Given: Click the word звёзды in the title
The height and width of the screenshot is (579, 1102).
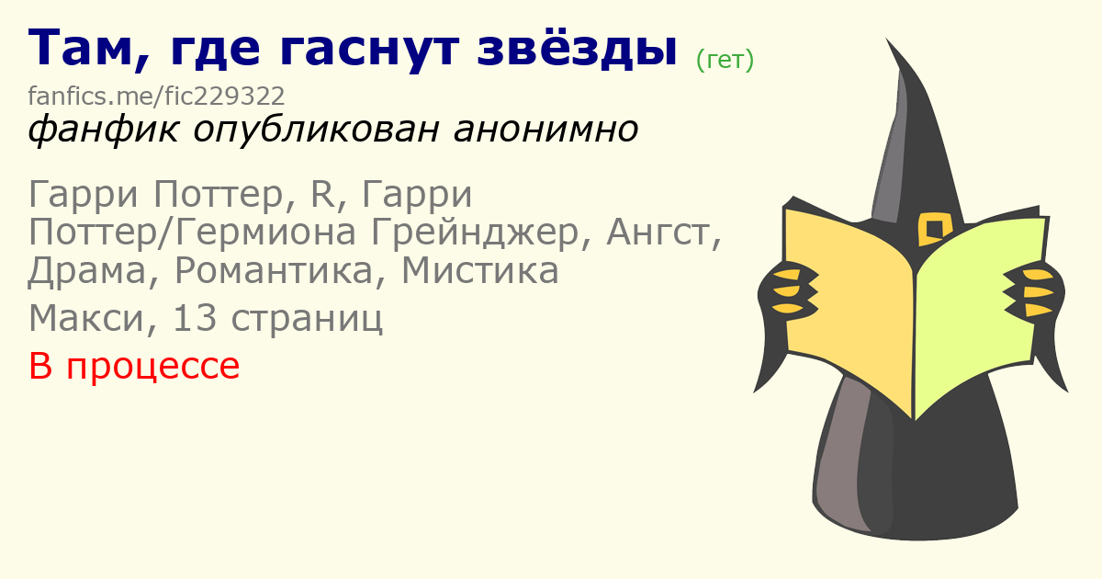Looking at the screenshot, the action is (577, 48).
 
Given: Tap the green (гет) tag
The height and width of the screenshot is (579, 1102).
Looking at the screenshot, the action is (725, 60).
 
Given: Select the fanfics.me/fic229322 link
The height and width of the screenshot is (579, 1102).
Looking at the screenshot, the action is (156, 96).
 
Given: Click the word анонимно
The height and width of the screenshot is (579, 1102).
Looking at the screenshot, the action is (545, 130).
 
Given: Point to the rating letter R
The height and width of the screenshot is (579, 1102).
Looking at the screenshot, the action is (322, 194).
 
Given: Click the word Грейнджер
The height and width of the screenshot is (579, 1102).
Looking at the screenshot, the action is (475, 233).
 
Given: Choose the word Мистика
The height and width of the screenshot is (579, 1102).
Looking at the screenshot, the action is (480, 270).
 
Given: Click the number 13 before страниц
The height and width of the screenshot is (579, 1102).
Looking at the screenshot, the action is (195, 318).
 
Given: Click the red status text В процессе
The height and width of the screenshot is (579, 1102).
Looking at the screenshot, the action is (134, 366).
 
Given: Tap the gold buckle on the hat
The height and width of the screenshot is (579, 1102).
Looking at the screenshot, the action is (934, 229).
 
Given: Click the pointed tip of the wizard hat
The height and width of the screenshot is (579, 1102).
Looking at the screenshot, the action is (886, 39).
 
